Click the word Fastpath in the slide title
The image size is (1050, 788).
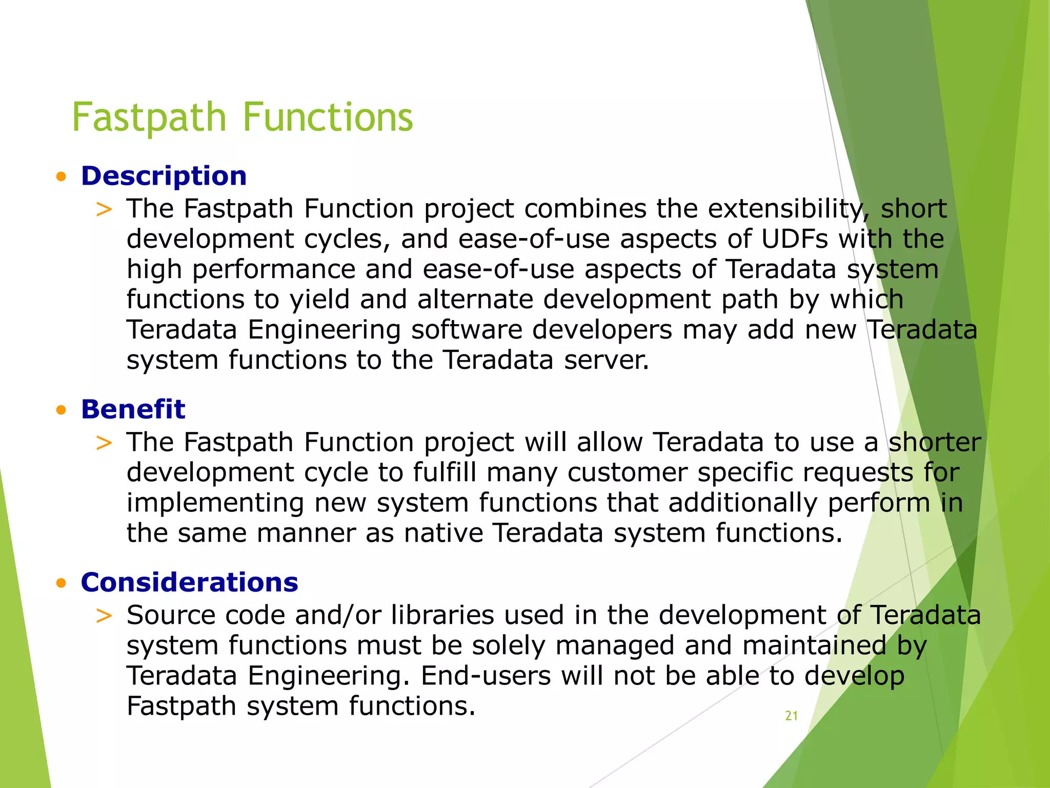[x=149, y=117]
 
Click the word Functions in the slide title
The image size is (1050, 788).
[x=328, y=117]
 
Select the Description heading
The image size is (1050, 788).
[x=164, y=176]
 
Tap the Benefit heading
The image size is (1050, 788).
[x=133, y=409]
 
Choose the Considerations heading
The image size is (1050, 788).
[x=189, y=582]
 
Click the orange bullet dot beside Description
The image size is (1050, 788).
[x=62, y=178]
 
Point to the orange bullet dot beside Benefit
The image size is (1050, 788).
[x=62, y=410]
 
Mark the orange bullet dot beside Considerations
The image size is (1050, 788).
[x=62, y=583]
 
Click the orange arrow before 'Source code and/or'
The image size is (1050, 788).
[x=104, y=616]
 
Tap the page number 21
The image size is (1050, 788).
[x=791, y=716]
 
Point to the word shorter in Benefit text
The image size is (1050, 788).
[x=934, y=442]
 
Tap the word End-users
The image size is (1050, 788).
[x=486, y=676]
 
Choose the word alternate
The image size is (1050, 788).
[x=475, y=299]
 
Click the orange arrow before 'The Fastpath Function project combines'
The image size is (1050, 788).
[x=104, y=209]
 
